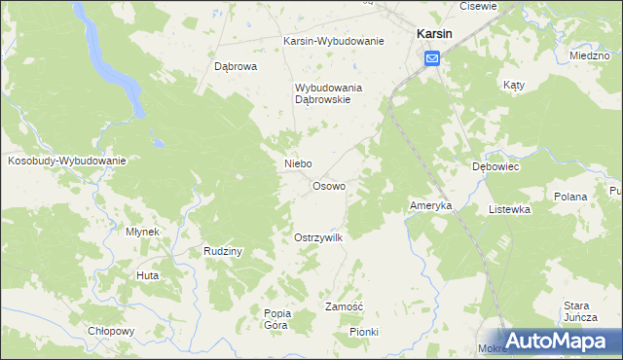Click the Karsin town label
click(432, 33)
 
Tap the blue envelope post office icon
click(432, 59)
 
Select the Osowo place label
click(328, 186)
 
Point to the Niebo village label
click(297, 164)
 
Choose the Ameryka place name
click(430, 206)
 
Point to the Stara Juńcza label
click(578, 311)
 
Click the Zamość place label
click(344, 306)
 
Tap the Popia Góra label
click(276, 318)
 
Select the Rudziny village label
click(223, 251)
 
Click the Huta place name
click(148, 276)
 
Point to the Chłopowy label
click(110, 331)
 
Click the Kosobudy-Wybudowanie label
click(67, 161)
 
